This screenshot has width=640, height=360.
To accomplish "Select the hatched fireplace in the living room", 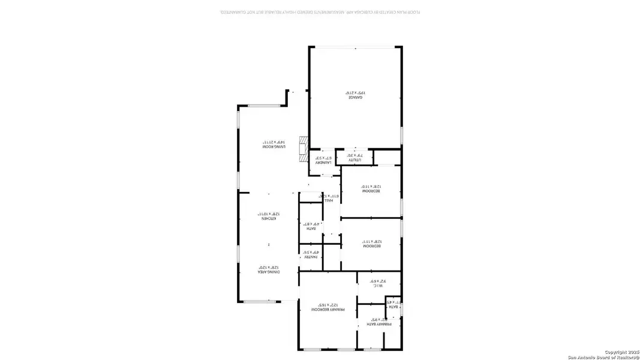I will click(x=304, y=147).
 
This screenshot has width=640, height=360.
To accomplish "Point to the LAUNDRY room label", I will click(x=324, y=162).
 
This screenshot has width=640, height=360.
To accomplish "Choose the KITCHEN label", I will click(x=268, y=218).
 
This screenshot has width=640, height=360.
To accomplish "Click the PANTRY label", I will click(x=310, y=257).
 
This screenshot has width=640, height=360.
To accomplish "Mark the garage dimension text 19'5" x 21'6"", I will click(x=355, y=92).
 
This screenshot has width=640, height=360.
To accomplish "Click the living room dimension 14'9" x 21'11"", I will click(x=273, y=142).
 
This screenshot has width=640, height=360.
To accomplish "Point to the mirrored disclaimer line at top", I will click(x=319, y=11).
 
